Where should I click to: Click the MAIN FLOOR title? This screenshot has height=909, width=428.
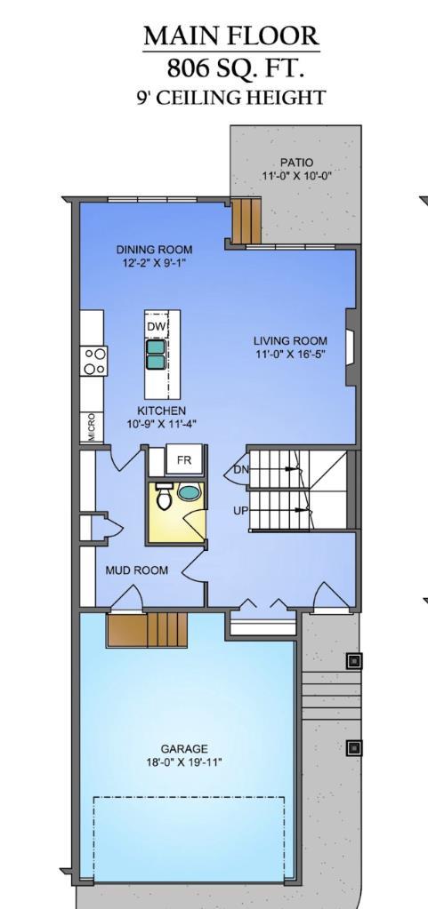[230, 36]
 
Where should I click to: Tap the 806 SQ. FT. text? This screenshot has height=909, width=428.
[230, 68]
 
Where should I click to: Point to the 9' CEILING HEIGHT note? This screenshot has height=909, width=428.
[230, 97]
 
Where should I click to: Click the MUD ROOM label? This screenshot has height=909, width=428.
[136, 570]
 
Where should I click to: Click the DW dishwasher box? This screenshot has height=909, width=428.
[157, 328]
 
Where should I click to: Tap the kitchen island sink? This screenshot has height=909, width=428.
[156, 355]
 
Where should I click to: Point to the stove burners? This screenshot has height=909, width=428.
[94, 362]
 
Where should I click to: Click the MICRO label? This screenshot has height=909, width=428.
[92, 427]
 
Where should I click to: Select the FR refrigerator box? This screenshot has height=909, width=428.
[184, 460]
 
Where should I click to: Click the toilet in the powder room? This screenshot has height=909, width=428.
[164, 498]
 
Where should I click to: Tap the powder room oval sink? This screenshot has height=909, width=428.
[190, 492]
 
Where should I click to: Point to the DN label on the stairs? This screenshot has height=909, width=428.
[240, 469]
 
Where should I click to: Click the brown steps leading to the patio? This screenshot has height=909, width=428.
[246, 221]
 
